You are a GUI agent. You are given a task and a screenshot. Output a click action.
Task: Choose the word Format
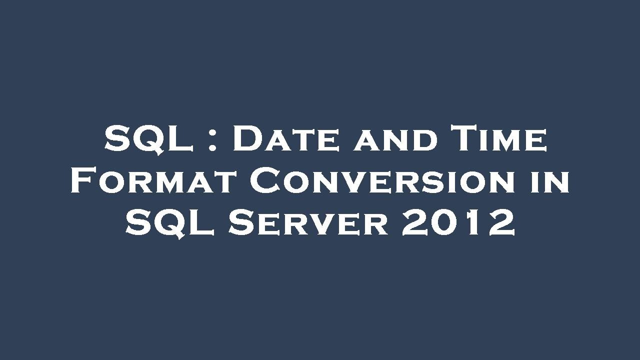[153, 181]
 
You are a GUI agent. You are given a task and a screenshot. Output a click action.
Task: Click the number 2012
[458, 223]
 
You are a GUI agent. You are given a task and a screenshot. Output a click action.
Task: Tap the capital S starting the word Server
[242, 223]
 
